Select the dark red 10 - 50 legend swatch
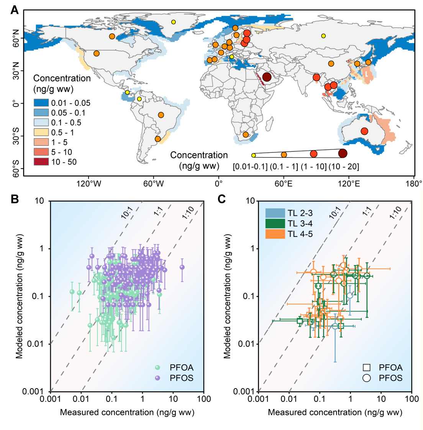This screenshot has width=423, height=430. [41, 162]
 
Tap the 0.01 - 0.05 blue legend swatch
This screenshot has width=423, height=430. [41, 103]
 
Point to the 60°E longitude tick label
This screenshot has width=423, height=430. [284, 184]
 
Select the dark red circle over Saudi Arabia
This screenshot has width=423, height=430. [267, 77]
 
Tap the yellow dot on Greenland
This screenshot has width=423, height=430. [174, 22]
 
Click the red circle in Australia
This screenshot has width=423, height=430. [364, 131]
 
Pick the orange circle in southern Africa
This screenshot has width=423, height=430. [246, 135]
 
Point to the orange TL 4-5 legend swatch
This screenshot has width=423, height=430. [275, 233]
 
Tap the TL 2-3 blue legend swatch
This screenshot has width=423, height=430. [275, 213]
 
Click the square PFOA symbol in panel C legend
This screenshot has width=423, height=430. [367, 368]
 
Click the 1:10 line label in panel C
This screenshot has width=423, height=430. [396, 212]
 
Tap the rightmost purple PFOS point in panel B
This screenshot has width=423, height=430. [182, 267]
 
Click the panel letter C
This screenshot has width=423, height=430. [222, 199]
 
